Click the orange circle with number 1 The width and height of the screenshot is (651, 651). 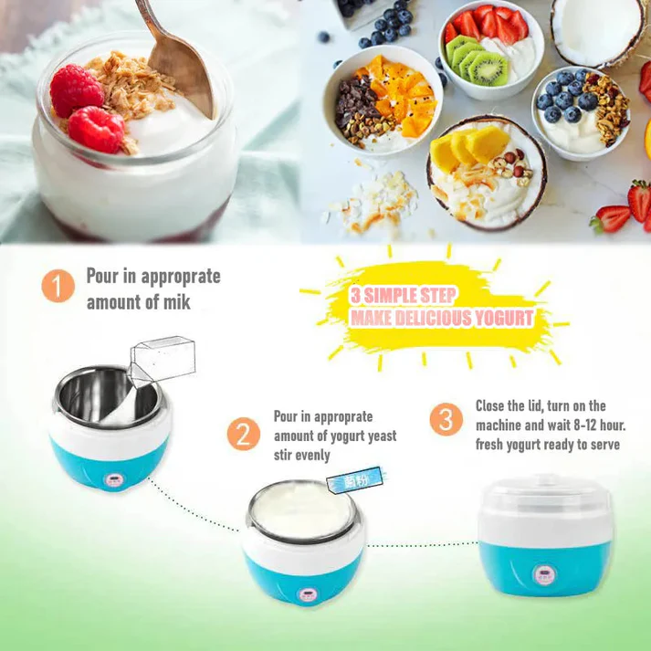pos(58,287)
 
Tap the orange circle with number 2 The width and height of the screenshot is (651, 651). pos(243,433)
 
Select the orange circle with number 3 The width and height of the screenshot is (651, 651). pos(446,419)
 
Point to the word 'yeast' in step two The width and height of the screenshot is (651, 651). pos(376,436)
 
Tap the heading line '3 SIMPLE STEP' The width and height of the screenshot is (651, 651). pos(402,296)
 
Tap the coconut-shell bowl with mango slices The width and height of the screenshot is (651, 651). pos(484,173)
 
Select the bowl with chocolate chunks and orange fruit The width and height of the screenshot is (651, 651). pos(382,100)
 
